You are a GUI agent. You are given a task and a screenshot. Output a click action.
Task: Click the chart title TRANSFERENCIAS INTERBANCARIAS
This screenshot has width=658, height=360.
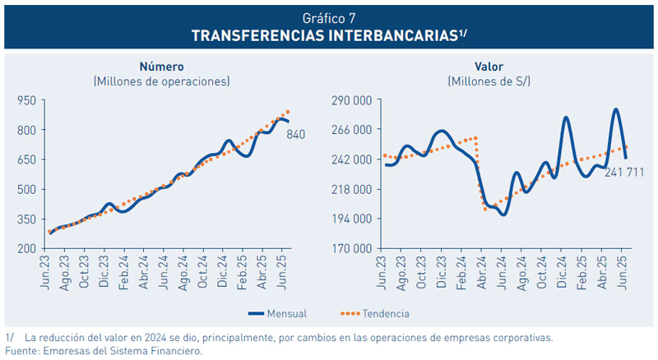click(x=328, y=35)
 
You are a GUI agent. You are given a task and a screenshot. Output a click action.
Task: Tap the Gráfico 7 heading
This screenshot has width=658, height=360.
click(x=328, y=17)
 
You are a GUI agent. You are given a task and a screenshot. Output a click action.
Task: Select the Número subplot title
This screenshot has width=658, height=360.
click(x=161, y=67)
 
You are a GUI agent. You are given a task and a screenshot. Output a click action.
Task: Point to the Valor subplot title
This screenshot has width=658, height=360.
click(x=489, y=67)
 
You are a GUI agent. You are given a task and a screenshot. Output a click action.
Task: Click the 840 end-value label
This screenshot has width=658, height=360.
click(x=296, y=134)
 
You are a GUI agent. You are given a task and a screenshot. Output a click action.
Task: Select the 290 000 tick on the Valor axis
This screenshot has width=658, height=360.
click(x=351, y=100)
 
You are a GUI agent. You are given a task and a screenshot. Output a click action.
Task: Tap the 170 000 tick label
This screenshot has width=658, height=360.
click(x=351, y=248)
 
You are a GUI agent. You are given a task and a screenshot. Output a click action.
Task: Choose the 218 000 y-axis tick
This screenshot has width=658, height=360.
click(x=351, y=189)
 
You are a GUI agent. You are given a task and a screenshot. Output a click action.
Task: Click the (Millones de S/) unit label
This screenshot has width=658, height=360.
click(x=489, y=81)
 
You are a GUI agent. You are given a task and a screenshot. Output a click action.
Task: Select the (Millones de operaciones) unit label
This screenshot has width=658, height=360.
click(x=161, y=81)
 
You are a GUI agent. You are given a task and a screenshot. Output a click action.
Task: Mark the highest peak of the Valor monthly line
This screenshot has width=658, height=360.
click(x=616, y=109)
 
